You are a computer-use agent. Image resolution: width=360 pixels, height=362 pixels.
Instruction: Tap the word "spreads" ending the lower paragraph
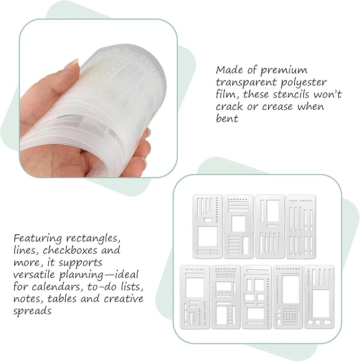(33, 312)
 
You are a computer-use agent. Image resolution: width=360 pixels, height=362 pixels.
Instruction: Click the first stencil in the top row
(206, 226)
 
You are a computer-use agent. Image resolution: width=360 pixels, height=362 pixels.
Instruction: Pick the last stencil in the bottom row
(319, 296)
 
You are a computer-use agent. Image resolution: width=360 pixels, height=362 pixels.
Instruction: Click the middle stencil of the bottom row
(256, 297)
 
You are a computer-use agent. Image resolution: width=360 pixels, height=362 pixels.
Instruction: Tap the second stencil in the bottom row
(225, 297)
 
